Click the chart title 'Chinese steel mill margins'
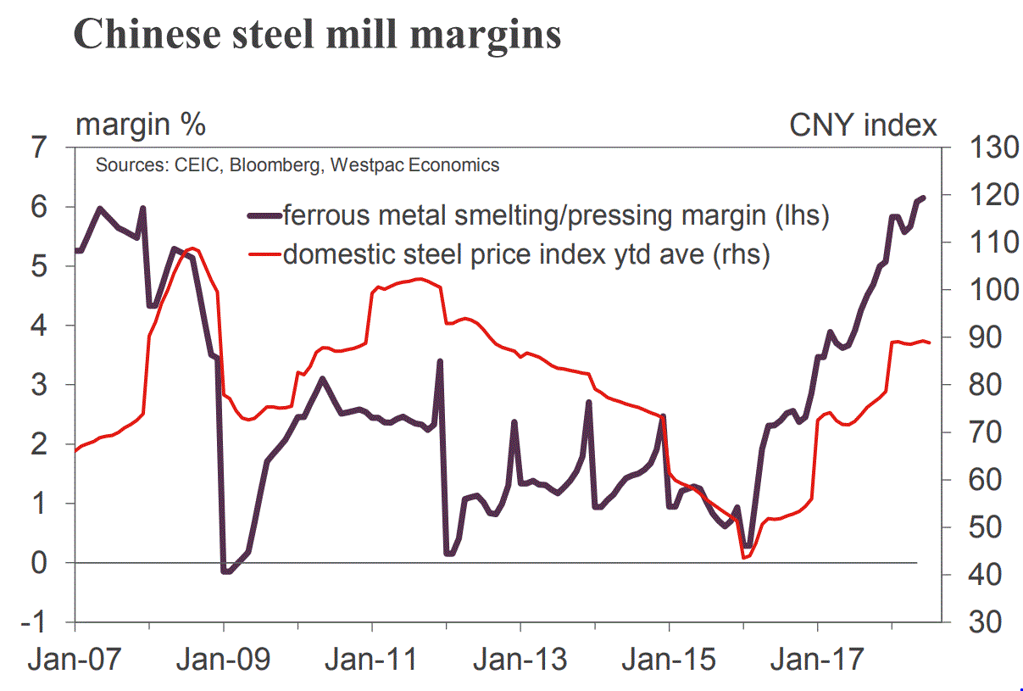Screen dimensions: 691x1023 point(318,36)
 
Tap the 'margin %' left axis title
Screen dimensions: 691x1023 point(141,125)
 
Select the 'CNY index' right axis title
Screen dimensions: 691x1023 point(863,125)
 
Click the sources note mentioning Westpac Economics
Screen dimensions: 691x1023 point(297,165)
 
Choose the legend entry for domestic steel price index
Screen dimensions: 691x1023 point(525,254)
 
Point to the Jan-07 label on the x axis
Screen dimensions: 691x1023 point(75,658)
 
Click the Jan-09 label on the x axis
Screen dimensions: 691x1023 point(224,658)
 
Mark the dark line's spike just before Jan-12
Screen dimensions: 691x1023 point(440,361)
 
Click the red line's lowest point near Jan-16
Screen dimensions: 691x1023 point(743,557)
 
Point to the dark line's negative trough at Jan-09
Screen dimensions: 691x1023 point(225,571)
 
